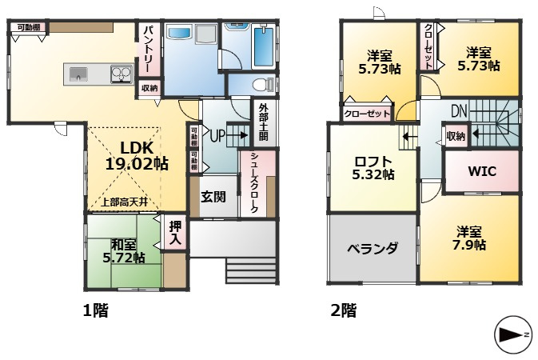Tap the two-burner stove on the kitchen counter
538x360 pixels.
click(x=121, y=75)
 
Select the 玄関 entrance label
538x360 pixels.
click(x=212, y=197)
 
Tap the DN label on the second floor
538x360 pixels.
click(x=459, y=110)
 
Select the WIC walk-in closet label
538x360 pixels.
click(x=483, y=171)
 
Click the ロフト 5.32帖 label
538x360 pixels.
click(x=374, y=167)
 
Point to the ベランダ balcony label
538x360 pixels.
click(x=372, y=248)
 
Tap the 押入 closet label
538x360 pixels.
click(x=175, y=233)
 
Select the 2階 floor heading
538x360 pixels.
click(x=342, y=310)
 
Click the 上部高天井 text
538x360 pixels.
click(x=124, y=202)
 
